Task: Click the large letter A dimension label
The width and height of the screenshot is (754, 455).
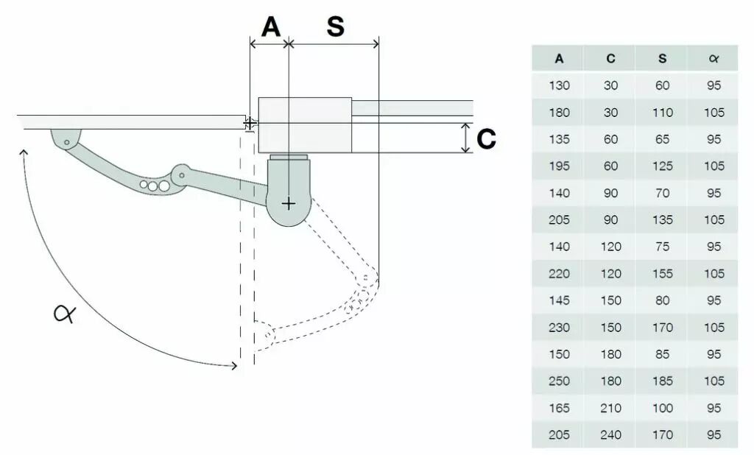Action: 271,27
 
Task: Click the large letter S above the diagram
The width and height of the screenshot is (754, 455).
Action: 335,27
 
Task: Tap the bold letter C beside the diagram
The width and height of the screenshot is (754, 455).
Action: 486,139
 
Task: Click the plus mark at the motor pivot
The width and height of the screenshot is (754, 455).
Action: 289,203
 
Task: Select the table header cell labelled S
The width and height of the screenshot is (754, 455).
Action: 662,59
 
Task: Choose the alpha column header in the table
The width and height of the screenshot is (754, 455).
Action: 713,59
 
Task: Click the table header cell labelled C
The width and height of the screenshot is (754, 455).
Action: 610,59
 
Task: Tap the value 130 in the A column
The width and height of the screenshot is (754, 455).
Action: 559,85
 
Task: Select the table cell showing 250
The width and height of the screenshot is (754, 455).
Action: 559,381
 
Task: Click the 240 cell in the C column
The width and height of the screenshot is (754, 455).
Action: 610,435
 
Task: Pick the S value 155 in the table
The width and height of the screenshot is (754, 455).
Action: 662,274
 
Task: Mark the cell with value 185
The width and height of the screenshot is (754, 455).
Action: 662,381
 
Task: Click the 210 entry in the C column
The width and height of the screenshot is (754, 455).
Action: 610,408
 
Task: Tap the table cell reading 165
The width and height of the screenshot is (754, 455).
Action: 559,408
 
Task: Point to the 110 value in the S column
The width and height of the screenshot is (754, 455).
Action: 662,113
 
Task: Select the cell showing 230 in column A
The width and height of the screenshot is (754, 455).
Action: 559,328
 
